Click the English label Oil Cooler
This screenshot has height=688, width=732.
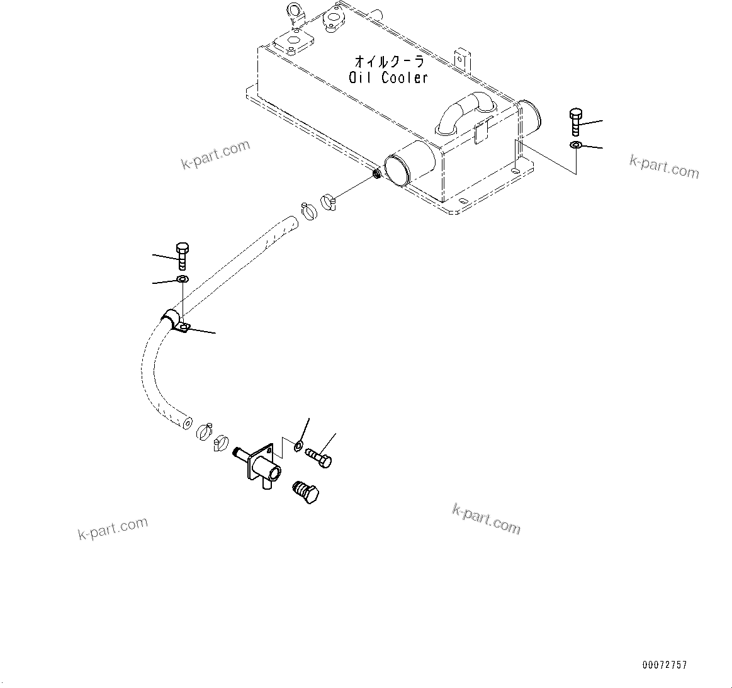click(388, 77)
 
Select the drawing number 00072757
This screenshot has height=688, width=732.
click(665, 665)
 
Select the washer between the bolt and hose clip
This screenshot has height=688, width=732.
click(182, 279)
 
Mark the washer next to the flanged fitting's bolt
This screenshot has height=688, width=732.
click(297, 448)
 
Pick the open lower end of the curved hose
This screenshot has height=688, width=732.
click(184, 423)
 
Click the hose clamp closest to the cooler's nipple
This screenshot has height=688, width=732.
click(329, 202)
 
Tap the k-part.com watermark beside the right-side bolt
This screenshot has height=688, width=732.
click(664, 166)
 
